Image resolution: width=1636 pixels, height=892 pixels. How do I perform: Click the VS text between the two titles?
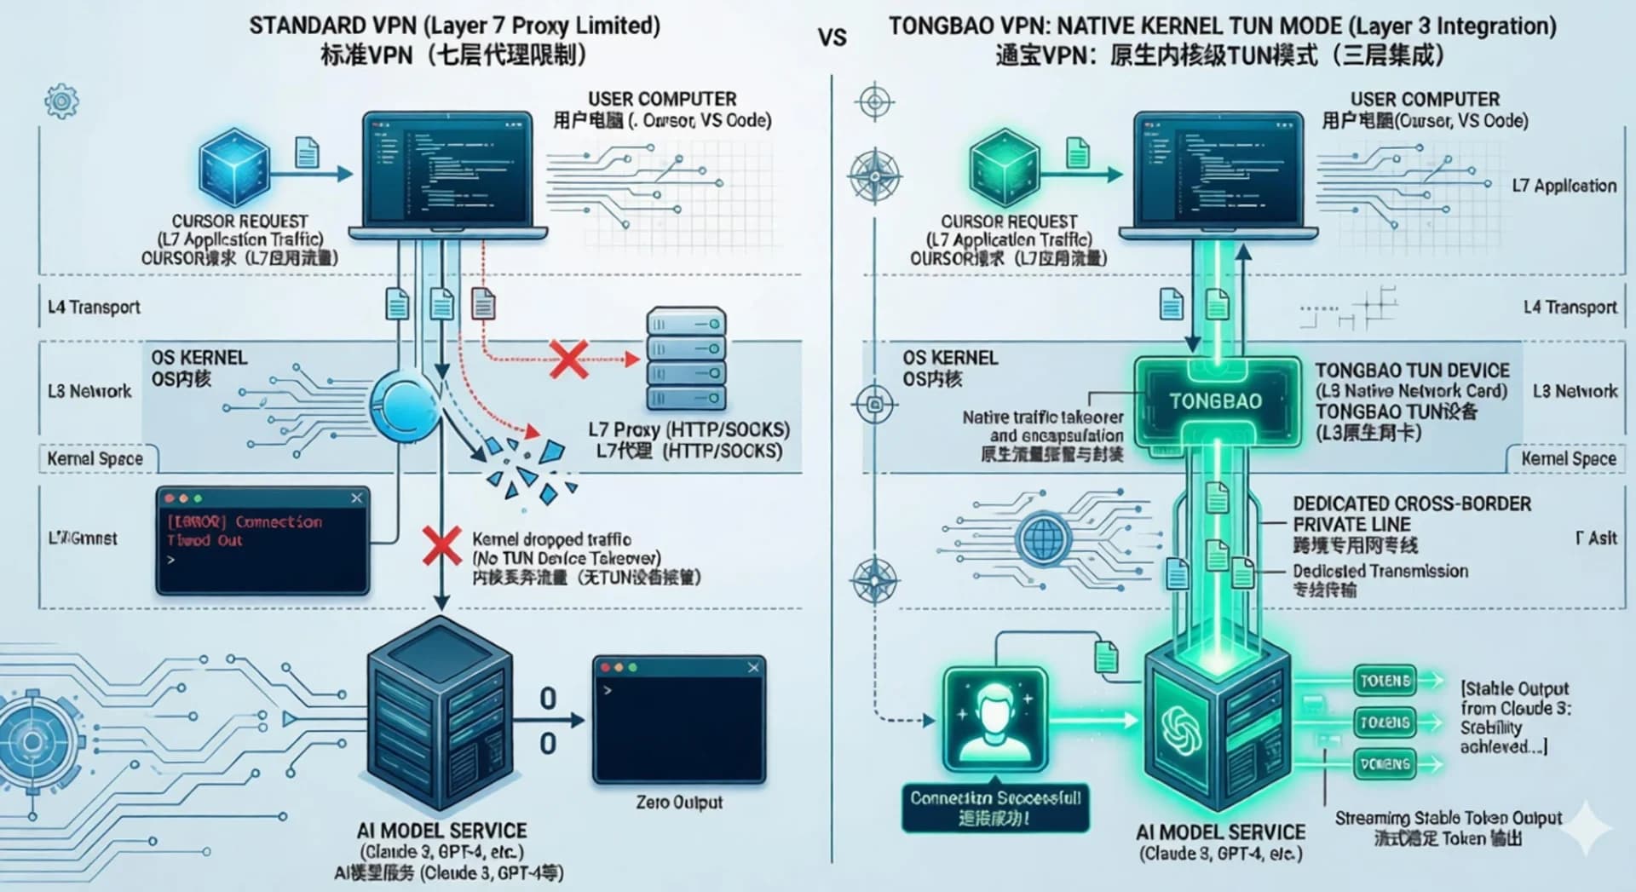click(x=832, y=38)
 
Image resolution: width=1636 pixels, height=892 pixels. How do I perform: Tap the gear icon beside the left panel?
click(x=61, y=102)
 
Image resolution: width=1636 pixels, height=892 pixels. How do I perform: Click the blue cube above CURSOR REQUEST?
click(x=233, y=168)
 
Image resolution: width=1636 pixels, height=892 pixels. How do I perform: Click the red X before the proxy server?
click(x=568, y=360)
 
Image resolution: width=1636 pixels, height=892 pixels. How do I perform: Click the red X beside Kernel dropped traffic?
click(x=441, y=545)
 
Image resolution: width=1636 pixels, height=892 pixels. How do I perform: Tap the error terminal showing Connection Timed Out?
click(x=262, y=540)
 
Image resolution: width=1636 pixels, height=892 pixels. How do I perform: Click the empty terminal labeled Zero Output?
click(x=679, y=720)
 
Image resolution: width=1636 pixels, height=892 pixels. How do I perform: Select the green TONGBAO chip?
click(x=1216, y=402)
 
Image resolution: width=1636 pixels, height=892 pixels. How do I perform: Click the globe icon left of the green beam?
click(x=1045, y=538)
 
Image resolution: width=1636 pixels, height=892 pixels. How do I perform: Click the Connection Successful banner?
click(x=995, y=807)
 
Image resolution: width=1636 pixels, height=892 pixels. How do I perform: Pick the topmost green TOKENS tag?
click(x=1385, y=681)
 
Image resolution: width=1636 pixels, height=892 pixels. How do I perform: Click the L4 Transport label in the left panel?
click(x=94, y=308)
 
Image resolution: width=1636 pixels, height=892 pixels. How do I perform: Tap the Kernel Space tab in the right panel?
click(x=1568, y=459)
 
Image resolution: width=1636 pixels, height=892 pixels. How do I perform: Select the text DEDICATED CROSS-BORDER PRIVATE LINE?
click(x=1411, y=514)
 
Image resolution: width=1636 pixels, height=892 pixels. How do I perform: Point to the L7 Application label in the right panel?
click(x=1564, y=186)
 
